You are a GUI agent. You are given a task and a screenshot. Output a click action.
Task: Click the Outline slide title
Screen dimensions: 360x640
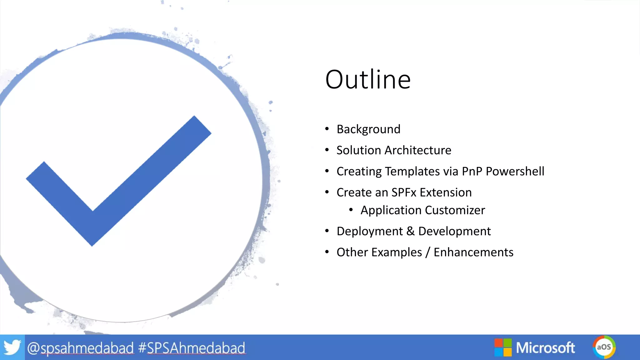(x=368, y=79)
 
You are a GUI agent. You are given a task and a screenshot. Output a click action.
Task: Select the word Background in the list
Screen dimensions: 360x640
(x=368, y=129)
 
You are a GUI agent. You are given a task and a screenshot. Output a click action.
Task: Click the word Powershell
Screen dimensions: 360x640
(x=515, y=171)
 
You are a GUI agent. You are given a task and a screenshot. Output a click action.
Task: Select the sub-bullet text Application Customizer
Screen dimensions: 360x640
(x=422, y=210)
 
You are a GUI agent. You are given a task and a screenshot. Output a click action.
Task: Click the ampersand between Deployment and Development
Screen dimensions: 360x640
(x=411, y=231)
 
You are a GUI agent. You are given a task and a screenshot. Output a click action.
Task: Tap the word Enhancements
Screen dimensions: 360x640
(x=473, y=252)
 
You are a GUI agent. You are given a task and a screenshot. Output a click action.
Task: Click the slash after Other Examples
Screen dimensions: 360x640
(x=428, y=252)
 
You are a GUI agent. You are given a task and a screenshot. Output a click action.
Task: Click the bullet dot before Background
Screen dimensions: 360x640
(x=327, y=129)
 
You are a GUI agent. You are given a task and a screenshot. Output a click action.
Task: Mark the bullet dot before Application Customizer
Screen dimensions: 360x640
(x=351, y=210)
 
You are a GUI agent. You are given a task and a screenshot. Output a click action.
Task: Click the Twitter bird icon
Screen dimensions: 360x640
(x=12, y=347)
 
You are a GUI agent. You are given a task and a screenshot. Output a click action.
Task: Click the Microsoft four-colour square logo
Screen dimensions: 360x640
(x=503, y=347)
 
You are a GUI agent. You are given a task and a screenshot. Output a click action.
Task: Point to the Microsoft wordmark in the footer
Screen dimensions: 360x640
(x=545, y=347)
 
